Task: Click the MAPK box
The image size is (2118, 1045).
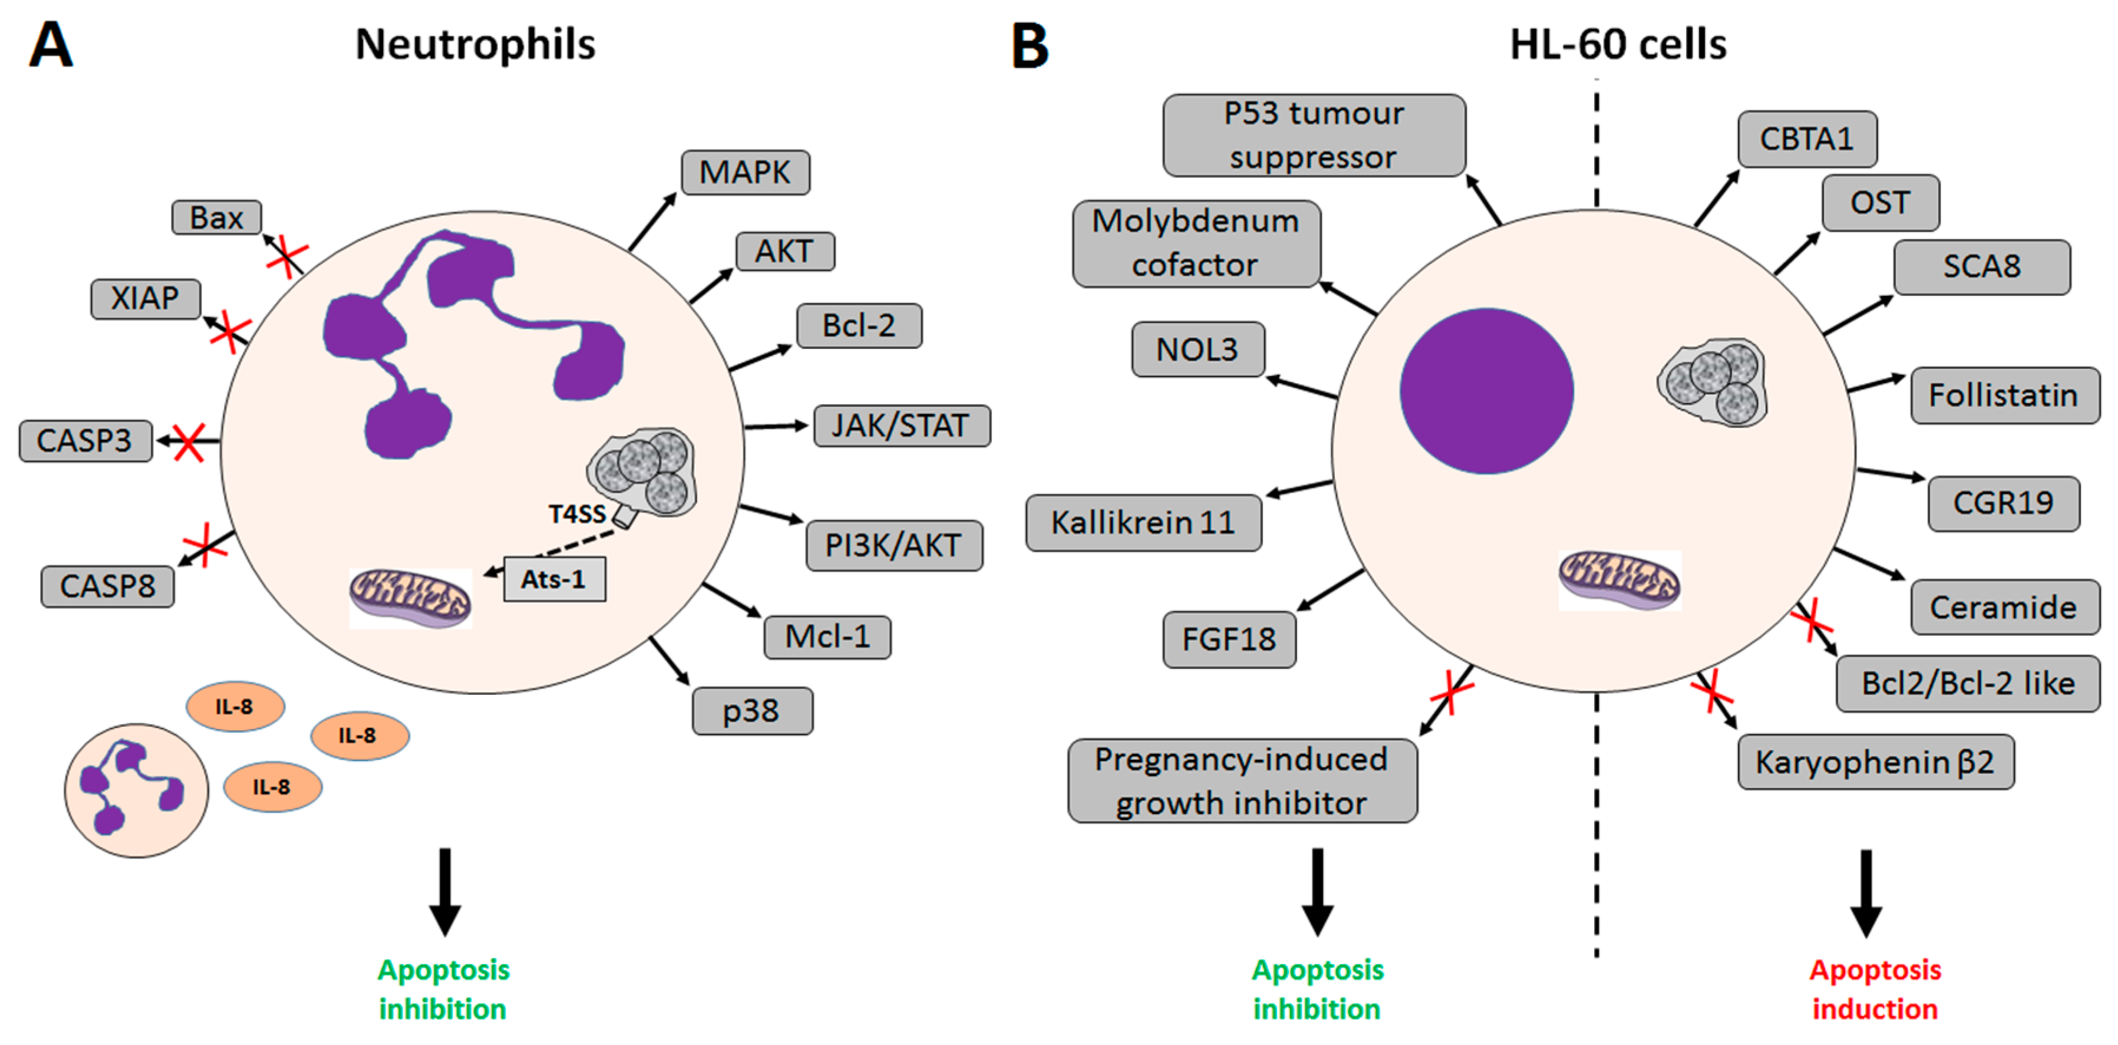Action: pos(745,173)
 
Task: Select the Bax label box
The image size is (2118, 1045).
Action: pos(216,218)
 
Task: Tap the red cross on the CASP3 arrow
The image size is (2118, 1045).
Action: pos(188,442)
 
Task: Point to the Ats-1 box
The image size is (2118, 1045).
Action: pos(554,579)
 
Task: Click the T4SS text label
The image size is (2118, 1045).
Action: pos(576,515)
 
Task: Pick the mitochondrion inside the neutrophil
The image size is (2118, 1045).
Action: pos(410,598)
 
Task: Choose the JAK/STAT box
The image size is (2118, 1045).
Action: pos(901,426)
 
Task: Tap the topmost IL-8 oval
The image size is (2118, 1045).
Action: pos(235,706)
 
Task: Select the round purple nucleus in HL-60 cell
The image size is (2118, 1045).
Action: pos(1486,391)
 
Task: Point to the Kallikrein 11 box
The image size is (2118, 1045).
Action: pos(1143,523)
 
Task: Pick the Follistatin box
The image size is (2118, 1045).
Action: pos(2003,395)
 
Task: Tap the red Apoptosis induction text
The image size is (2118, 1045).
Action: pos(1875,990)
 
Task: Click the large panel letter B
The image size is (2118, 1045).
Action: pos(1030,46)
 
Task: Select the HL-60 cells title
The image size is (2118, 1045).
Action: pos(1617,44)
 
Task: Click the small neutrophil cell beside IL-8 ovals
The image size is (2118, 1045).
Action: pos(137,791)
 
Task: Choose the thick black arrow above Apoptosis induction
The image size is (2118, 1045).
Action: pos(1866,893)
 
